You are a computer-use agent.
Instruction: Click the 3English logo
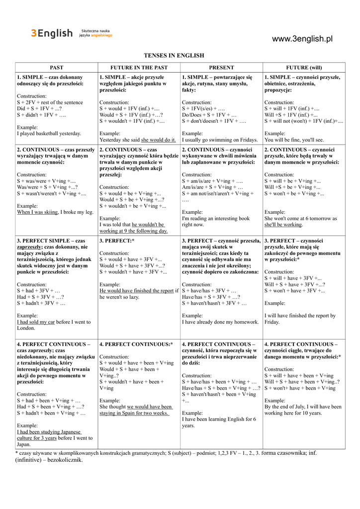52,33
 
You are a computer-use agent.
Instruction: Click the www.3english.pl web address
302,39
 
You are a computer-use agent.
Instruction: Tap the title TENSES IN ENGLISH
174,56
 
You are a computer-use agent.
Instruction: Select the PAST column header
56,68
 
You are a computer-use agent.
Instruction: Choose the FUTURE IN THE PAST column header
139,68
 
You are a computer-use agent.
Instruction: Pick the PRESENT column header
221,68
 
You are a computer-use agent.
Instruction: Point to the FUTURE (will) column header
304,68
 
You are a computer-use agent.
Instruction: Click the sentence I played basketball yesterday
49,134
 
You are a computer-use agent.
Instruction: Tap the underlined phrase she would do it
159,140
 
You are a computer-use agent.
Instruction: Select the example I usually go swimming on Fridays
220,140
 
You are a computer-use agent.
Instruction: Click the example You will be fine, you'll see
294,140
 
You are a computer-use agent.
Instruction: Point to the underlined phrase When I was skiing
37,212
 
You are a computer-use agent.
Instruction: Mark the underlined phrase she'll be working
283,225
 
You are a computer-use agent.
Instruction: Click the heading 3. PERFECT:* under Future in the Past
117,241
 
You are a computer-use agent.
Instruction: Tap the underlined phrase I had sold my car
36,322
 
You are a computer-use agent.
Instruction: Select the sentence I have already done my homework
220,322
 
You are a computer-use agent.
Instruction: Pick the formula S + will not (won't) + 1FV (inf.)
303,121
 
